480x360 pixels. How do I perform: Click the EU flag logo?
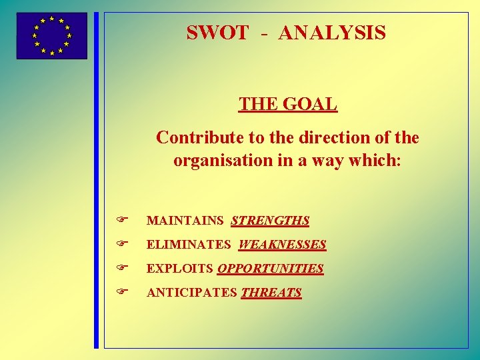click(x=51, y=36)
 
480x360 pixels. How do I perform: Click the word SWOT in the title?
click(x=217, y=33)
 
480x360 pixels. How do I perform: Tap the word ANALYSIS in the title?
click(x=332, y=33)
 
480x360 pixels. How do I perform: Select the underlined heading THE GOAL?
click(x=288, y=105)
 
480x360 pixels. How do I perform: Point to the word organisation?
click(x=223, y=161)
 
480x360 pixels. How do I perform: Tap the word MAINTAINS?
click(x=185, y=221)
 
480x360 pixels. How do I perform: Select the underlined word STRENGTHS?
click(x=270, y=221)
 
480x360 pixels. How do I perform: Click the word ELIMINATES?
click(x=189, y=245)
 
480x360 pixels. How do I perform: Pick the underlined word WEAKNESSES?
click(x=282, y=245)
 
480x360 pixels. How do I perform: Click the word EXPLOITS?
click(x=180, y=269)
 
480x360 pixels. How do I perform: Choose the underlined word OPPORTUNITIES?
click(x=271, y=269)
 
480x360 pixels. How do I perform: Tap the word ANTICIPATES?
click(x=191, y=293)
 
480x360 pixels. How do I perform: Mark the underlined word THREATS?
click(x=271, y=293)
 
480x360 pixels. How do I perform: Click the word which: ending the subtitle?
click(x=381, y=161)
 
